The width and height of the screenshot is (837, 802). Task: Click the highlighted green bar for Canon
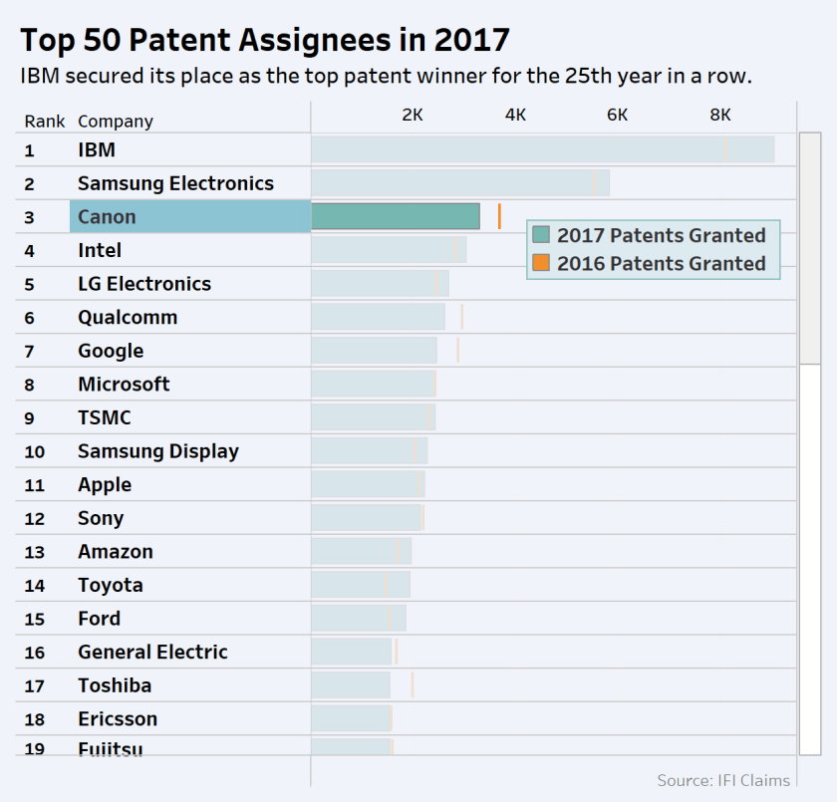pos(396,216)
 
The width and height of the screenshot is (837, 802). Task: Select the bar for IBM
pos(542,149)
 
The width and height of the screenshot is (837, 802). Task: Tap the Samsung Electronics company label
pos(175,183)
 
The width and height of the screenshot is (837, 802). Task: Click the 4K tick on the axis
pos(515,115)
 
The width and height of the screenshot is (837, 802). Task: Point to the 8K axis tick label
pos(719,115)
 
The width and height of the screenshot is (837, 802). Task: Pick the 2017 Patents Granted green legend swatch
pos(541,235)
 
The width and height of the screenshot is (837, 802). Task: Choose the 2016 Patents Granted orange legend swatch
pos(541,263)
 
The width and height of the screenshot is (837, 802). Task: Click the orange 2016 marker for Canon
pos(499,216)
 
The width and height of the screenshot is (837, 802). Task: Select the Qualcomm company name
pos(128,317)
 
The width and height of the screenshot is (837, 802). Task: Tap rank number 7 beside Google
pos(29,352)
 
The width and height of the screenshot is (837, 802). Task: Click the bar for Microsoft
pos(373,385)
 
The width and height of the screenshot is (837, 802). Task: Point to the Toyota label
pos(111,585)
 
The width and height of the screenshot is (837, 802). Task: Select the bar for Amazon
pos(361,552)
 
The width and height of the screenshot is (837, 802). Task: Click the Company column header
pos(116,122)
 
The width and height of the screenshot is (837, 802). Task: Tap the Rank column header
pos(45,122)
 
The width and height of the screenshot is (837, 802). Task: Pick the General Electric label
pos(152,652)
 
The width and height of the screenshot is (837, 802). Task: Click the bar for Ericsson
pos(351,718)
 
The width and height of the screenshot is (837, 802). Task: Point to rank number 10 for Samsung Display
pos(34,451)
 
